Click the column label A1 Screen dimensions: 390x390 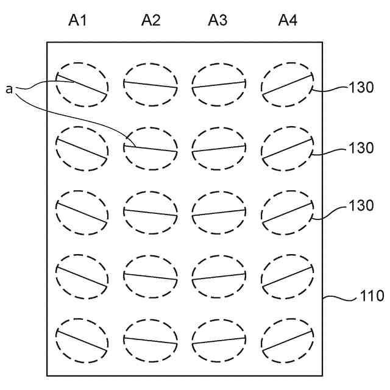pos(77,21)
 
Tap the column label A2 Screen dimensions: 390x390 pos(151,21)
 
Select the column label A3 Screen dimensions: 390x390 pos(218,21)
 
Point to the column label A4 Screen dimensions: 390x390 pos(288,21)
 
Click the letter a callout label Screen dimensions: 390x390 pos(9,90)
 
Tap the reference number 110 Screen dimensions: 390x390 pos(372,297)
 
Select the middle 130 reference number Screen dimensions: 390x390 pos(361,148)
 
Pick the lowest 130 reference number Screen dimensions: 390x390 pos(361,206)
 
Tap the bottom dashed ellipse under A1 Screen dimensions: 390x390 pos(82,341)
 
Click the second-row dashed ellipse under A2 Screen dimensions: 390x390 pos(151,148)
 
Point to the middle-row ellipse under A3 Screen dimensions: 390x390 pos(219,213)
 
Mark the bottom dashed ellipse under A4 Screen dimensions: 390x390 pos(287,341)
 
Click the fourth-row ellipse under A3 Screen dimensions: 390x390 pos(219,277)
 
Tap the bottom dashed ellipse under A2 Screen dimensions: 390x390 pos(151,341)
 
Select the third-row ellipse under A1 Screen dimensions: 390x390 pos(82,213)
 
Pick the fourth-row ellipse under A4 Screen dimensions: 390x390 pos(287,277)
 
